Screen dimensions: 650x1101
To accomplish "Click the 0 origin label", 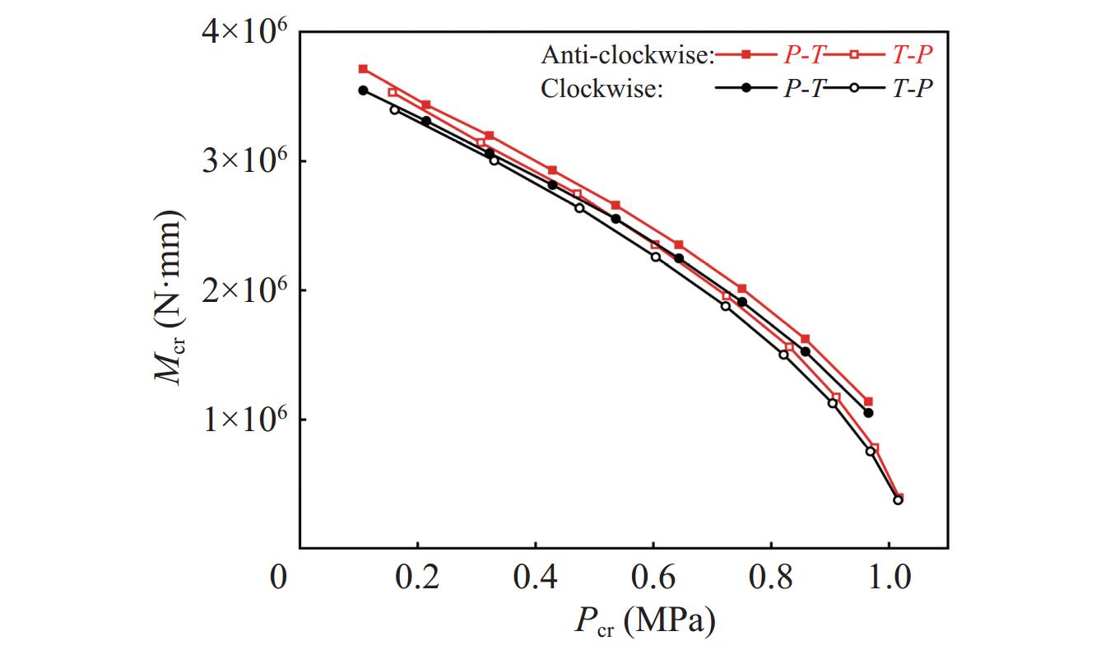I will coord(280,578).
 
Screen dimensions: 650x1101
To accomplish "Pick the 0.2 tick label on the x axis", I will coord(417,578).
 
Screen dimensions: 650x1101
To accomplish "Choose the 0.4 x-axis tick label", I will coord(535,578).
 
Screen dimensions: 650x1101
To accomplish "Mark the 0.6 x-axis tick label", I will coord(653,578).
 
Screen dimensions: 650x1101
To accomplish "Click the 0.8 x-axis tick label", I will coord(770,578).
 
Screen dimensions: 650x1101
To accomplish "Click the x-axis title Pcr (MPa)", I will coord(644,621).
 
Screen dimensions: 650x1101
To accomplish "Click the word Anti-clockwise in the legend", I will coord(627,56).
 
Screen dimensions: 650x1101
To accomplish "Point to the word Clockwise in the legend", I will coord(602,89).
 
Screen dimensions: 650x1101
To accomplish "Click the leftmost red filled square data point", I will coord(363,69).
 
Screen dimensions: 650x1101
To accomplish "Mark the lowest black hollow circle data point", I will coord(898,499).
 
